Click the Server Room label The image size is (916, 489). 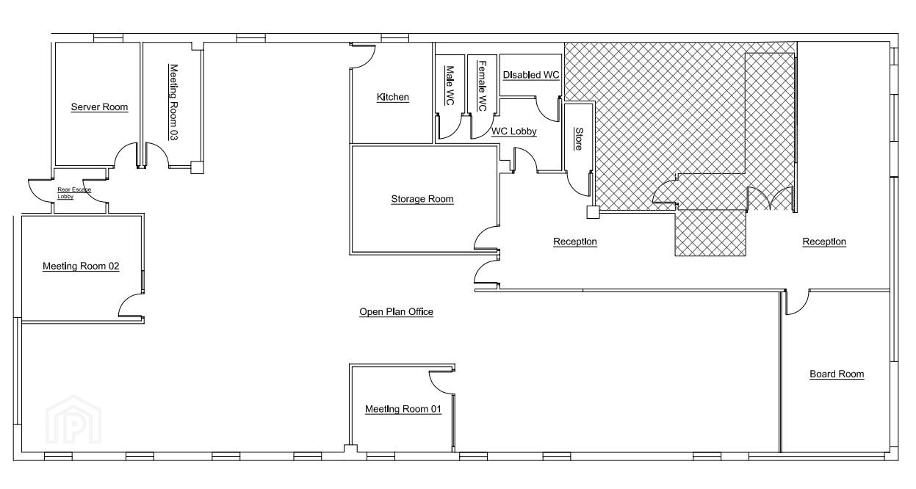(x=99, y=107)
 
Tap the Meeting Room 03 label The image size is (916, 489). (x=173, y=102)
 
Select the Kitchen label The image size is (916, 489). (x=392, y=98)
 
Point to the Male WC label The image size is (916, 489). (x=450, y=85)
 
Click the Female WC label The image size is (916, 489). (x=482, y=86)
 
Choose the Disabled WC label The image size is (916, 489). (x=531, y=75)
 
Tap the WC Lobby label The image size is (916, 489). (x=513, y=131)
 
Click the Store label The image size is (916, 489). (x=579, y=139)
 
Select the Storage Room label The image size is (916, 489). (x=422, y=199)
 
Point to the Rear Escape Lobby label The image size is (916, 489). (x=74, y=193)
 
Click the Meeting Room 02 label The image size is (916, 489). (x=81, y=267)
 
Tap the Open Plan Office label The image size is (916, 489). (x=396, y=312)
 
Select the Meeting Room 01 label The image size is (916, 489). (x=403, y=409)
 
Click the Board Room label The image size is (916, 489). (x=837, y=374)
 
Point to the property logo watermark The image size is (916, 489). (x=73, y=420)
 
